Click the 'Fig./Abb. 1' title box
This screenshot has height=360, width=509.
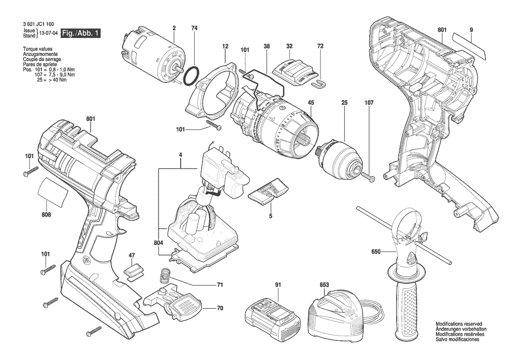[x=81, y=33]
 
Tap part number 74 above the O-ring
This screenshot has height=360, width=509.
[x=194, y=28]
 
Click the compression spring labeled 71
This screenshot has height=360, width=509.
[x=165, y=276]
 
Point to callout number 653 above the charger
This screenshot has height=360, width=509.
[x=324, y=285]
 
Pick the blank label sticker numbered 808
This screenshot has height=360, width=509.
[x=53, y=192]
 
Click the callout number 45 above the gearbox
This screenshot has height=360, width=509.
[x=311, y=103]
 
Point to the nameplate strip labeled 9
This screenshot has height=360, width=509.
[x=469, y=47]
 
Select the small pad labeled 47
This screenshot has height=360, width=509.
[x=132, y=272]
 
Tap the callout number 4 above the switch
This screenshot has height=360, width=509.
[x=181, y=155]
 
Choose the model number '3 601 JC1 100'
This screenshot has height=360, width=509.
[x=39, y=24]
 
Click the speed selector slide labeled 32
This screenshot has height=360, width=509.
[x=293, y=73]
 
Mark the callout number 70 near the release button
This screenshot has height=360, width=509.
[x=220, y=308]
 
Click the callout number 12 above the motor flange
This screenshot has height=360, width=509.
[x=225, y=47]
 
